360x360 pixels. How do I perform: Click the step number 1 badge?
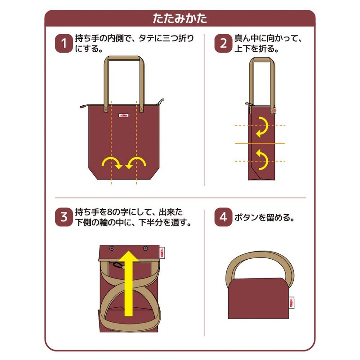(63, 44)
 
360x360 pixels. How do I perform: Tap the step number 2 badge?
(223, 44)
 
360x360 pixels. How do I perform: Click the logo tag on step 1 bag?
(123, 115)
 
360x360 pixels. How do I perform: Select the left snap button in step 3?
(112, 248)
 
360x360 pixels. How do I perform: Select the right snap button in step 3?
(145, 248)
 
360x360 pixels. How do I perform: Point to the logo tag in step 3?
(163, 253)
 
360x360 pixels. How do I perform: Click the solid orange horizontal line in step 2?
(260, 143)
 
